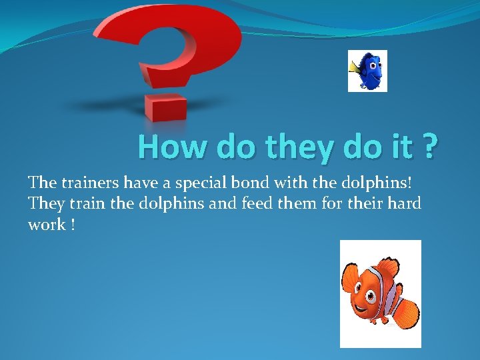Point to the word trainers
[91, 181]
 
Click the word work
[46, 225]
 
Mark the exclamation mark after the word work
[71, 225]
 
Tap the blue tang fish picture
[368, 71]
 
